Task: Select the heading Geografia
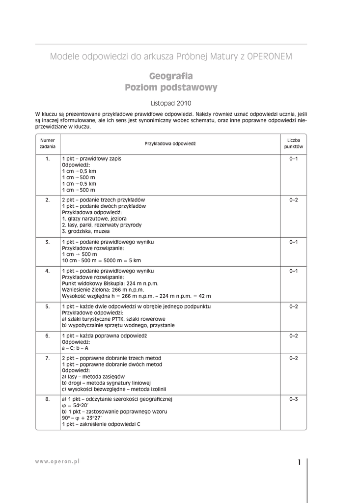point(171,76)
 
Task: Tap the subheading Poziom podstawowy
point(171,87)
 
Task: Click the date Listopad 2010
point(170,103)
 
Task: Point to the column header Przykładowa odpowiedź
point(170,143)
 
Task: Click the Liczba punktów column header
point(294,143)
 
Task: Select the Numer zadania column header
point(48,143)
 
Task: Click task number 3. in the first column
point(48,242)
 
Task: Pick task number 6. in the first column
point(48,336)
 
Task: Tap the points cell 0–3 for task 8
point(294,399)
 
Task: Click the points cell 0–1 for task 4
point(294,271)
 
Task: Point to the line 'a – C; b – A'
point(75,348)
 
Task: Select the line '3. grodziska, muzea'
point(86,231)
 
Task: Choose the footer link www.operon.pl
point(57,462)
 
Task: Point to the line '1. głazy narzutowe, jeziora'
point(94,219)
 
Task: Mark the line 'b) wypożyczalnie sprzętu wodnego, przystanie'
point(118,325)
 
